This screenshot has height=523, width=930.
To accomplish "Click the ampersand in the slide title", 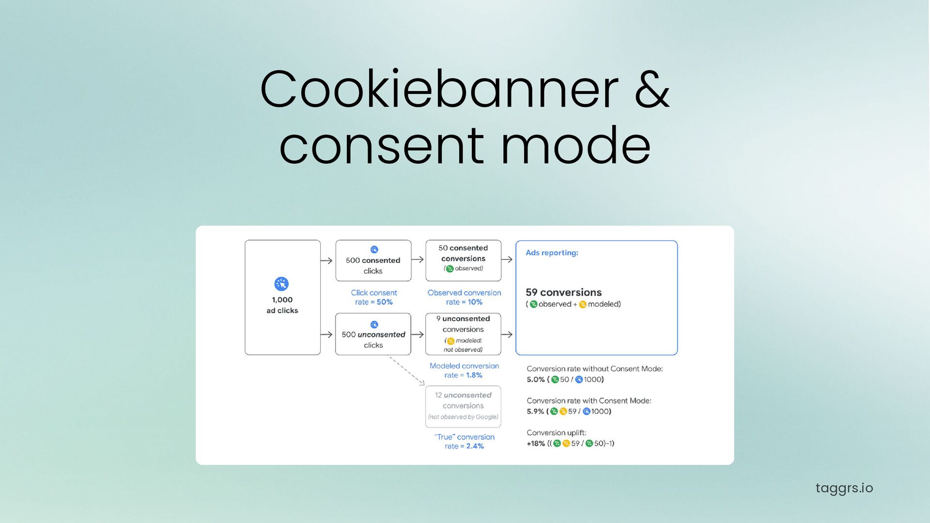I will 652,90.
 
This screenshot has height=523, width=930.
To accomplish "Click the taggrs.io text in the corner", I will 844,488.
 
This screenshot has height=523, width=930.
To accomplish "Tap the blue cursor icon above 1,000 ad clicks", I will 281,284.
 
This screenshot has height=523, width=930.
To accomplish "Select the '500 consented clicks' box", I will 373,261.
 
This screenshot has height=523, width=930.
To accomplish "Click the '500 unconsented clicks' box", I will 373,334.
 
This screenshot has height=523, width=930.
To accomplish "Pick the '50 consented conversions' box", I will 463,261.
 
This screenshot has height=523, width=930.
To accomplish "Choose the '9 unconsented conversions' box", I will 463,334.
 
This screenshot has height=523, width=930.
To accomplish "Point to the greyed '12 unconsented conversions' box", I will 463,406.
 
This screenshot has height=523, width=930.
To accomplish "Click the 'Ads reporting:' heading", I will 552,253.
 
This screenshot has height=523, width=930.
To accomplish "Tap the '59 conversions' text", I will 563,292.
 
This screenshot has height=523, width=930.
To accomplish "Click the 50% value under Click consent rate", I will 385,302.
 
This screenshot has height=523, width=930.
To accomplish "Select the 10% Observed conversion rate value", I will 475,302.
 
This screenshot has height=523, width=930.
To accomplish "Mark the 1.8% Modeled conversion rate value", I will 474,375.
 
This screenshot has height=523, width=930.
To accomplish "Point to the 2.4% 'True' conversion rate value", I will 475,446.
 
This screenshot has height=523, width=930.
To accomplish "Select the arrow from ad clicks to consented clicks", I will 326,261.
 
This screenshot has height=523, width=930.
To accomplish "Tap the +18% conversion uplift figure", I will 536,444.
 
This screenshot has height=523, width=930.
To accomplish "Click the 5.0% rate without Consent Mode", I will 536,380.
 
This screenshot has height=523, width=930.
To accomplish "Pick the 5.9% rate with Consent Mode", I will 536,412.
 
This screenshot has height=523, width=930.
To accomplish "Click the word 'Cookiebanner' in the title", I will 439,90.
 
